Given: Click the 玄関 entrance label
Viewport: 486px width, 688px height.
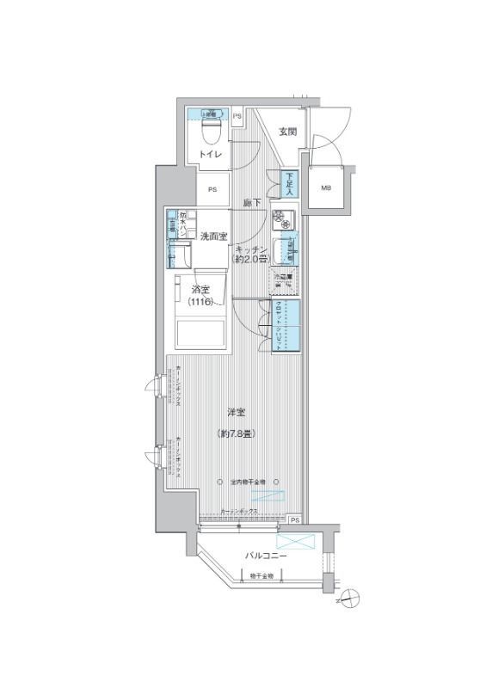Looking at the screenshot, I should (287, 132).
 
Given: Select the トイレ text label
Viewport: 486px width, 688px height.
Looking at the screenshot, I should (211, 154).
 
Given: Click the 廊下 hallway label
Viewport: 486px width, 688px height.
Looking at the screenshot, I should (252, 203).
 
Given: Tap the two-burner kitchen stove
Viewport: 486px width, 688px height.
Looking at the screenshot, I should (283, 219).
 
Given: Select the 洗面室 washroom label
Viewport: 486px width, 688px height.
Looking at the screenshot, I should (213, 236).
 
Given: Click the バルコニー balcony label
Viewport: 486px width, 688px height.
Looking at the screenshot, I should (261, 555).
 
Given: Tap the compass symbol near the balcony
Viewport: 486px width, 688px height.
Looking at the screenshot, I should (349, 597).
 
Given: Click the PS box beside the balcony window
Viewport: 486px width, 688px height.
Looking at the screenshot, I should (294, 520).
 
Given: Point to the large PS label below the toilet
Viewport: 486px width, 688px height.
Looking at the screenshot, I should (212, 189).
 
